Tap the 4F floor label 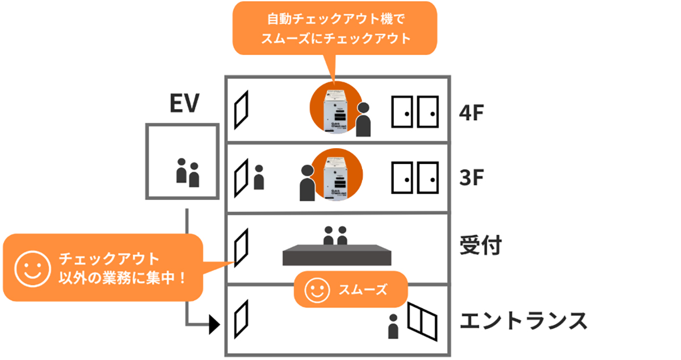[x=472, y=112]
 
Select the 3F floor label [x=472, y=178]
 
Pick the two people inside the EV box [x=188, y=173]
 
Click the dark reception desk [x=338, y=255]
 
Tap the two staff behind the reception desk [x=335, y=236]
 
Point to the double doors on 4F [x=415, y=112]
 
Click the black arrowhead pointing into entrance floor [x=214, y=325]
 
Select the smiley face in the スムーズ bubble [x=317, y=290]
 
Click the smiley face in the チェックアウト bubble [x=30, y=269]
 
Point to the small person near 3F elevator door [x=259, y=178]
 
